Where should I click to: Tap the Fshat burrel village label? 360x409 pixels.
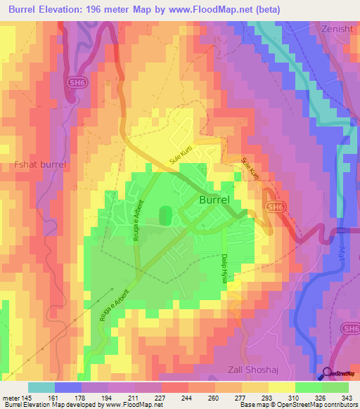click(40, 164)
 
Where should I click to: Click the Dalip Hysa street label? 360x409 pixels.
click(224, 268)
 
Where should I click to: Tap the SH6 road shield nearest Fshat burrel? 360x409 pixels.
click(77, 82)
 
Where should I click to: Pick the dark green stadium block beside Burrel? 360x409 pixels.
click(166, 216)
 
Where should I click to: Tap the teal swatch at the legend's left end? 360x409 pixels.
click(41, 387)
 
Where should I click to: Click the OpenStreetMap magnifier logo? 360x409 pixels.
click(328, 375)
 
